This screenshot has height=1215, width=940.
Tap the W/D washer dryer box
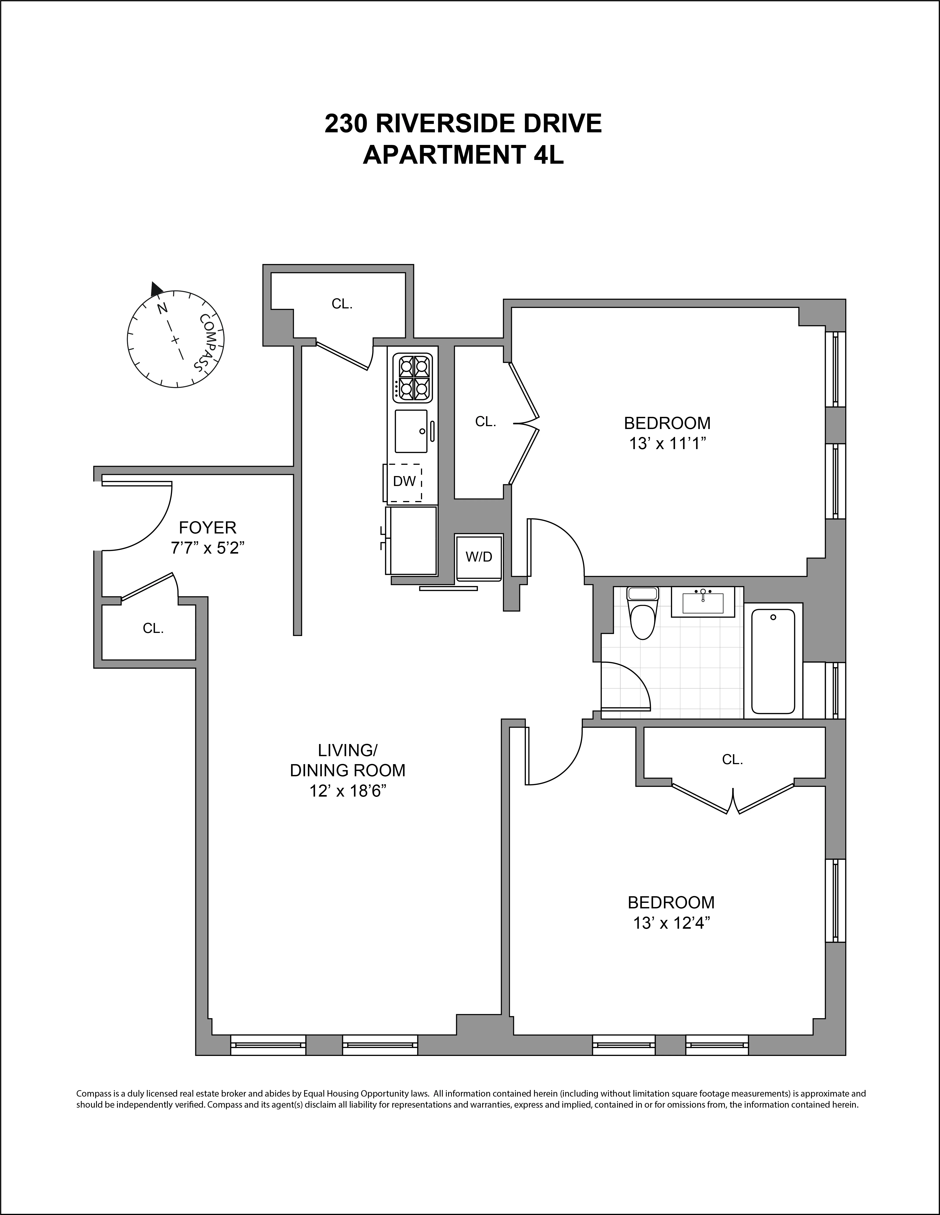(479, 557)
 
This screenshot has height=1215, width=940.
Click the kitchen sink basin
(411, 431)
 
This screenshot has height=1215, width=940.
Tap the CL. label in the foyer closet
(153, 628)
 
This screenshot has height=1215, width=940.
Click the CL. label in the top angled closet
(342, 304)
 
